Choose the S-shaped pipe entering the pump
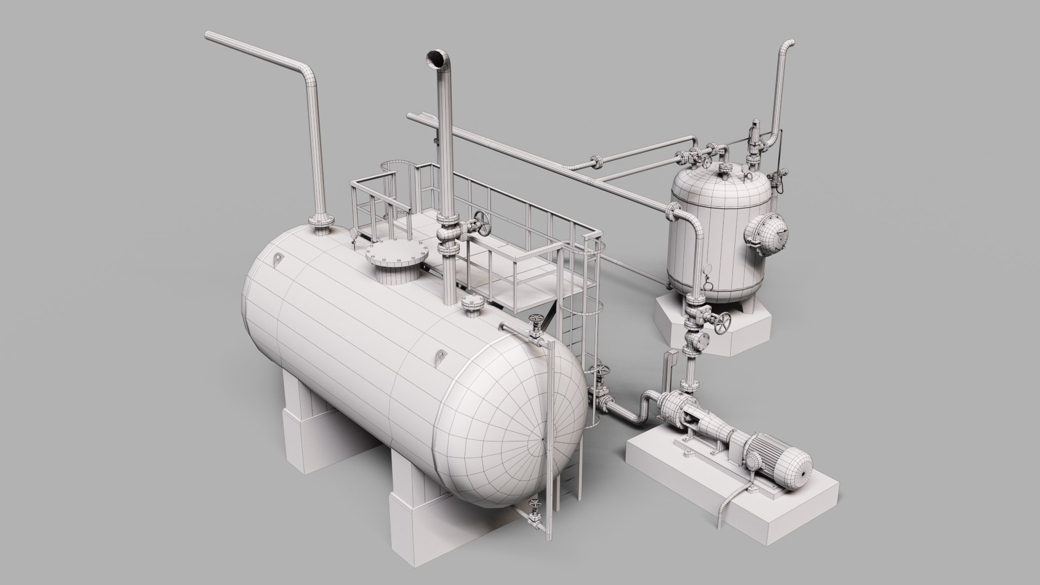pos(634,409)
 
